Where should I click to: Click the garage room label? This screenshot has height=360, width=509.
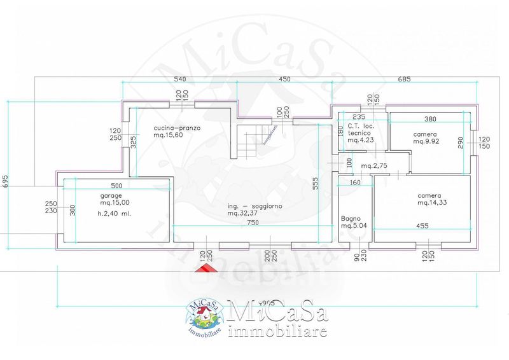click(x=110, y=195)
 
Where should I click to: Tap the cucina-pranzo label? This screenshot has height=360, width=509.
click(x=177, y=128)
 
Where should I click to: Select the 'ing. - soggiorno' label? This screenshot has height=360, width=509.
click(x=255, y=207)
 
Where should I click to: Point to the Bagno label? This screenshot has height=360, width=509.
click(x=351, y=218)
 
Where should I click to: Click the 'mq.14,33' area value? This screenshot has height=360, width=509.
click(x=430, y=203)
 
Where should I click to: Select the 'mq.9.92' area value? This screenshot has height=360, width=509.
click(x=425, y=142)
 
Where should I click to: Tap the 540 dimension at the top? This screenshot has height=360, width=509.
click(x=179, y=80)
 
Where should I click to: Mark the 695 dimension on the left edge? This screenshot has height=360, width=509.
click(x=6, y=181)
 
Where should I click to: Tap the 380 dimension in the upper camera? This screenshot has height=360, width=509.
click(x=430, y=118)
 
